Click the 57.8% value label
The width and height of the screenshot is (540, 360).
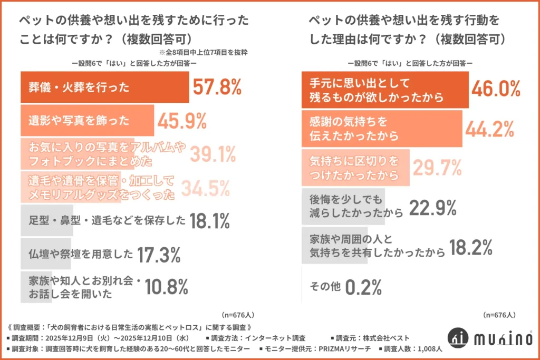216,87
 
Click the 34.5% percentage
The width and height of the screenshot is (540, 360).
206,187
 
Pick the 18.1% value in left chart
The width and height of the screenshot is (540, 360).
209,221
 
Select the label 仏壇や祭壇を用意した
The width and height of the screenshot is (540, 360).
80,255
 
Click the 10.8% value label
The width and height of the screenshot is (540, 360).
167,287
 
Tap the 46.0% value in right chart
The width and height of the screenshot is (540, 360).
496,89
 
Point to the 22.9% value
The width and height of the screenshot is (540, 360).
432,207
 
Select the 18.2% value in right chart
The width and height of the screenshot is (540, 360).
469,247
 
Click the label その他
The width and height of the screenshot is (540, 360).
323,287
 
